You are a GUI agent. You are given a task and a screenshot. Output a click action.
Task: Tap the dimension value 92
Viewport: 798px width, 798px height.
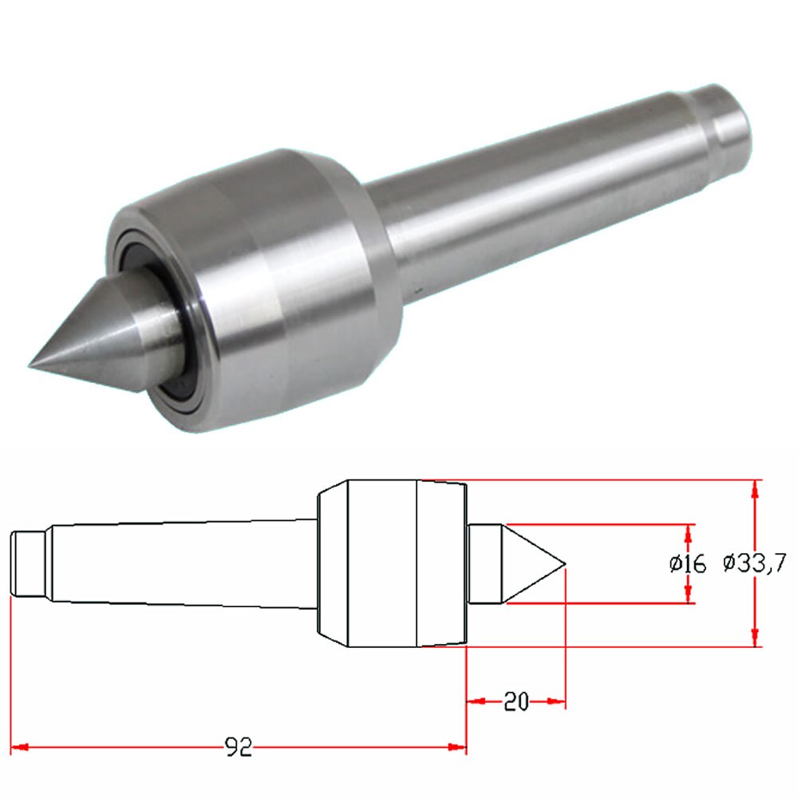pyautogui.click(x=238, y=747)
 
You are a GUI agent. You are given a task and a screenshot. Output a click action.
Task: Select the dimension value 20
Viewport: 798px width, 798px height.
pyautogui.click(x=516, y=701)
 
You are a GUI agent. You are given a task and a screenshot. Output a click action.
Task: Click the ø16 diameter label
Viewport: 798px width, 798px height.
pyautogui.click(x=688, y=564)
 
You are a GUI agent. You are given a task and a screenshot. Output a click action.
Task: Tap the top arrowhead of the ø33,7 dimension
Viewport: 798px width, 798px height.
pyautogui.click(x=755, y=488)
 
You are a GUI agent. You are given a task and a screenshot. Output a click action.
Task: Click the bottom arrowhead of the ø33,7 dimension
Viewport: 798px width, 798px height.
pyautogui.click(x=755, y=638)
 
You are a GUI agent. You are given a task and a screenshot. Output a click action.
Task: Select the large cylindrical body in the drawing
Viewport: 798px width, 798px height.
pyautogui.click(x=383, y=563)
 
